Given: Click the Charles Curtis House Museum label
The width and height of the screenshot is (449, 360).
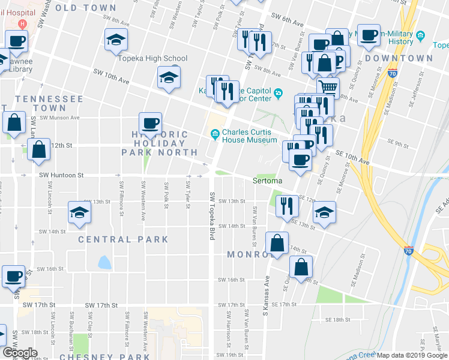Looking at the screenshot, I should (249, 136).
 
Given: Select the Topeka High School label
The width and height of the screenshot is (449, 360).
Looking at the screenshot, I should (151, 58).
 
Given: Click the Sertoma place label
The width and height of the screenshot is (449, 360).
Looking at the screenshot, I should (267, 181).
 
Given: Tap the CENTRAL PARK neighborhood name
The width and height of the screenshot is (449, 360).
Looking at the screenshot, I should (124, 239).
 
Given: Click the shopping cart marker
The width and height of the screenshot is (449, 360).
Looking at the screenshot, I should (328, 88).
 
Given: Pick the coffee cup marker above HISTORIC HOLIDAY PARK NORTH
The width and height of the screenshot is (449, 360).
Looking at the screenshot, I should (150, 123).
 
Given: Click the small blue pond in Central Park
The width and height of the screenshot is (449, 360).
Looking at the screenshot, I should (104, 262).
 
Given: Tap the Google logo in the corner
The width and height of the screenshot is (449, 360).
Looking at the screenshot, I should (20, 353).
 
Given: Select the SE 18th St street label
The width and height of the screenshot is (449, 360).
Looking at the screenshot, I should (337, 320).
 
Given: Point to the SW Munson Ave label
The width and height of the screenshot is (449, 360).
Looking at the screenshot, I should (61, 118).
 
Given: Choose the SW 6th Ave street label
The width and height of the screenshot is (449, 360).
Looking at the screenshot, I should (288, 20).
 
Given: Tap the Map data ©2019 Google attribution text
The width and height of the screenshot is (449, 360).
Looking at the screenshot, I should (412, 355).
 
